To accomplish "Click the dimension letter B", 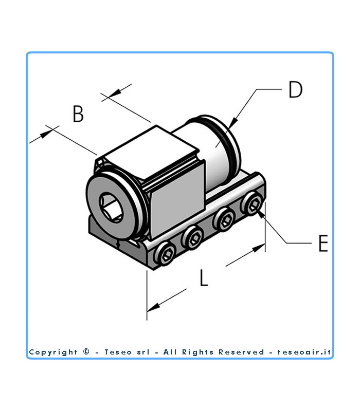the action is point(78,114).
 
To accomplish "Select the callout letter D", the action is point(295,89).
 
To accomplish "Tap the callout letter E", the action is point(323,243).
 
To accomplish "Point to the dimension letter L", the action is point(204,277).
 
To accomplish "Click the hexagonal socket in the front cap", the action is point(112,208).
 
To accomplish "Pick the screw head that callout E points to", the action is point(251,203).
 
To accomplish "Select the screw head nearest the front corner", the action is point(165,254).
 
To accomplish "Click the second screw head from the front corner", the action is point(192,238).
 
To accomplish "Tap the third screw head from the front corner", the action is point(224,220).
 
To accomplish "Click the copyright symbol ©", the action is point(86,351).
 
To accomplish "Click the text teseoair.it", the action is point(304,352).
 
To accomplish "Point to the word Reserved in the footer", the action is point(241,352).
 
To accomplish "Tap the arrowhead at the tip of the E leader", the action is point(260,214).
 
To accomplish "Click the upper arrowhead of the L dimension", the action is point(259,248).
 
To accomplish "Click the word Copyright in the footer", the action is point(53,352).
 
